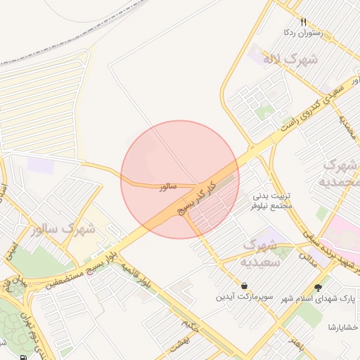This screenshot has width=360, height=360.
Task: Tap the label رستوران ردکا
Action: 302,32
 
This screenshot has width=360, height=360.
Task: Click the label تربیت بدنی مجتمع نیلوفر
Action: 271,202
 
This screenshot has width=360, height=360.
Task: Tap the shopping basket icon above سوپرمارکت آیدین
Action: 243,286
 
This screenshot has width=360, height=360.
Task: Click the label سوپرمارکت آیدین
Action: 243,297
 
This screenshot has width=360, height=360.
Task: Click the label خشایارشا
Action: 342,327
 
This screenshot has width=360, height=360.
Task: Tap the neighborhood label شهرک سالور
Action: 62,229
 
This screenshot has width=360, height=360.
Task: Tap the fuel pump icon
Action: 25,356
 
